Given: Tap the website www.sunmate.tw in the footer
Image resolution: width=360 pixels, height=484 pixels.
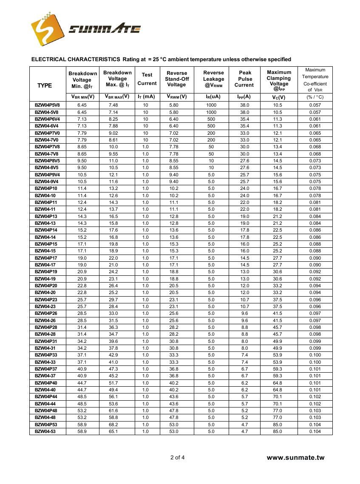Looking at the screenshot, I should [295, 458].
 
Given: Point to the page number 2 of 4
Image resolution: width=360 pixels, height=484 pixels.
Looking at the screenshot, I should [177, 458].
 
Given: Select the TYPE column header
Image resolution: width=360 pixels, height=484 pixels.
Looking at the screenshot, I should [45, 85].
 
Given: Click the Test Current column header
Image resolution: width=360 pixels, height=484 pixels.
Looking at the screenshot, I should [147, 79].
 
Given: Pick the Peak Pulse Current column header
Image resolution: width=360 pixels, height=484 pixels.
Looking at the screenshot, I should [245, 79].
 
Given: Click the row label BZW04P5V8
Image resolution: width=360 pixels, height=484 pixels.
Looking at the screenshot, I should [48, 105].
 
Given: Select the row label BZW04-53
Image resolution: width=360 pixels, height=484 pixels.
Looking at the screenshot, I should [45, 431].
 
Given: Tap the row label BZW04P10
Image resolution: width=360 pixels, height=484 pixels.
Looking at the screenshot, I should [46, 188].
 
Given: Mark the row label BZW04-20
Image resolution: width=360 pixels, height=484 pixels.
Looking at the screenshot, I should [45, 292].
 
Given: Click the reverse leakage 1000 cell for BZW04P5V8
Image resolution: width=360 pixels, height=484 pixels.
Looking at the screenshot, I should [211, 105].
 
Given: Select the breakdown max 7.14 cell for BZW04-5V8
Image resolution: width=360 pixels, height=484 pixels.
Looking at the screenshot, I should [113, 112].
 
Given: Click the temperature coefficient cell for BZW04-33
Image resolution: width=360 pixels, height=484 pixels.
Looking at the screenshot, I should [315, 362].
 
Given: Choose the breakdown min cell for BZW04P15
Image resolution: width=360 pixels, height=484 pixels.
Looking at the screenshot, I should [82, 244].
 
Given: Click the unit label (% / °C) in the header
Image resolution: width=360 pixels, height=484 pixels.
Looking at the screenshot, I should [315, 97].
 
